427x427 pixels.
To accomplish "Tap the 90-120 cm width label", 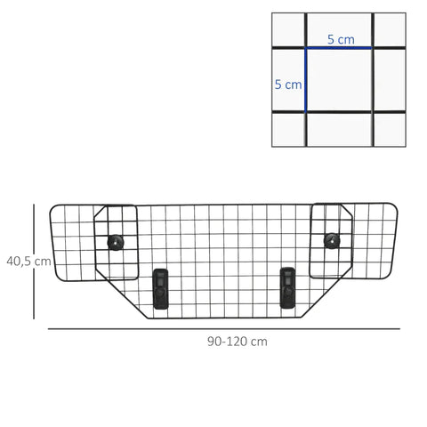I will point(237,342).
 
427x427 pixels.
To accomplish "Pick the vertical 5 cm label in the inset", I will point(288,85).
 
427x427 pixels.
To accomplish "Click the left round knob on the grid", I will point(115,241).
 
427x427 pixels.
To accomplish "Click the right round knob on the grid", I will point(332,239).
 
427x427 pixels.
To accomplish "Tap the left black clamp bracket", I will point(160,288).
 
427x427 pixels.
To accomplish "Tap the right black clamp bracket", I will point(287,286).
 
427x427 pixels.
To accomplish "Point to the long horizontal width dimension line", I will point(222,329).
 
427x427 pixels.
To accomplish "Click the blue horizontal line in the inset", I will point(338,48).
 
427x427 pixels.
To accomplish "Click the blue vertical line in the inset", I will point(307,80).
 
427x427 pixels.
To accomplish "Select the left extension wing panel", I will point(76,242).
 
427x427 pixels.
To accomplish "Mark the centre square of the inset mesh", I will point(338,80).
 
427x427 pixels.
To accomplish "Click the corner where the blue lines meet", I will point(307,48).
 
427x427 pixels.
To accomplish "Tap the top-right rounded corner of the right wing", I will point(395,206).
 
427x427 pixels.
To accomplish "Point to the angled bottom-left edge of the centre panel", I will point(117,294).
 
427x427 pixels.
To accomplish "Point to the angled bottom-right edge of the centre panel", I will point(331,293).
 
